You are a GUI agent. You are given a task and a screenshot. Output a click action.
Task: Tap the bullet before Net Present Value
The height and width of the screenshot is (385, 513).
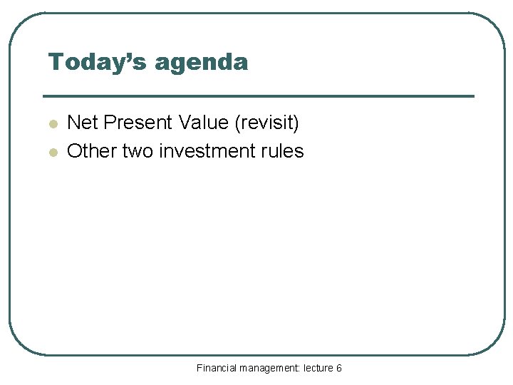pyautogui.click(x=51, y=124)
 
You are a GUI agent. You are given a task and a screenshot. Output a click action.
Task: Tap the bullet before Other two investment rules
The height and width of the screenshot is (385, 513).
pyautogui.click(x=51, y=152)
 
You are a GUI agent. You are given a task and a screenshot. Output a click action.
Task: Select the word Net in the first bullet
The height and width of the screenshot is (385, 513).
pyautogui.click(x=82, y=123)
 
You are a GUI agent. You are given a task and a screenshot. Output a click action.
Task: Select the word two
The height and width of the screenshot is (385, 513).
pyautogui.click(x=136, y=151)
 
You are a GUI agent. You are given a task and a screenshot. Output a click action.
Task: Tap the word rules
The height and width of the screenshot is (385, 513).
pyautogui.click(x=284, y=151)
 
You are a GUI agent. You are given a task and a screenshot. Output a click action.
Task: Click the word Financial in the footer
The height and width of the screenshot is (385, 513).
pyautogui.click(x=217, y=368)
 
